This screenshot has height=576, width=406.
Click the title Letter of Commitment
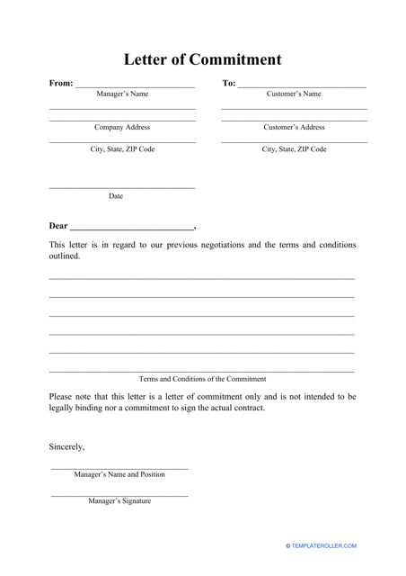(202, 60)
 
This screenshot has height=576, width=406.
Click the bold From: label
(61, 84)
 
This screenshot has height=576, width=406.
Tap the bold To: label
(229, 84)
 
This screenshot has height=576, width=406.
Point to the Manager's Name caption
(122, 94)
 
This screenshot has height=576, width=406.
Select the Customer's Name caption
(294, 94)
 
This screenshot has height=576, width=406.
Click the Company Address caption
(122, 128)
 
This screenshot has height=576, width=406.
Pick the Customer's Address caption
(294, 128)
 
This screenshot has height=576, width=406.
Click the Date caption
(116, 196)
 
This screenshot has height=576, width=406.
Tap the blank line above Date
(121, 188)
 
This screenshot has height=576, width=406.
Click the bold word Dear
(57, 226)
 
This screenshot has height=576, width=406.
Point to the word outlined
(65, 256)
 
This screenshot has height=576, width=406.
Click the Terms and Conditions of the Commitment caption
(202, 379)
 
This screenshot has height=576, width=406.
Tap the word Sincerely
(67, 445)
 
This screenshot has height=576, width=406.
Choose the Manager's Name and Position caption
(119, 474)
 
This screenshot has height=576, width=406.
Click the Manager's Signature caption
(119, 501)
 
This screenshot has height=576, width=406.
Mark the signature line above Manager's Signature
(119, 495)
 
